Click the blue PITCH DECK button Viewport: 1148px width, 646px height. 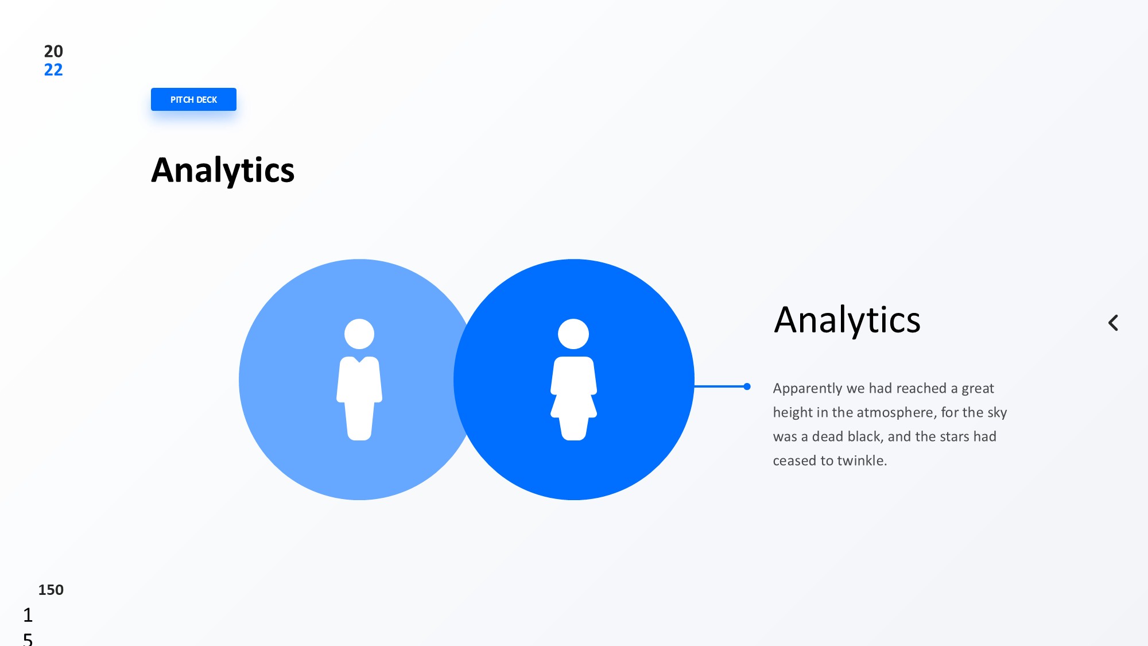193,99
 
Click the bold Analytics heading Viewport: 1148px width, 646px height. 223,171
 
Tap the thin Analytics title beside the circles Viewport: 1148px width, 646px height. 847,320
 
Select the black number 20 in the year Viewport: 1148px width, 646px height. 53,51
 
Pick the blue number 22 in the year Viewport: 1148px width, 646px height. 53,69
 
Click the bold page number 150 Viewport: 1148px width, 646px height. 51,590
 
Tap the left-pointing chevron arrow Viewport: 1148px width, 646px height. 1113,323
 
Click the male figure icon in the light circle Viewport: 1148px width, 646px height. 359,380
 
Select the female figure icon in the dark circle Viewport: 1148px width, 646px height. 573,380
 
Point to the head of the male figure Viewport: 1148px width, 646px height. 359,334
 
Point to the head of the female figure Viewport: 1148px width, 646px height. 573,334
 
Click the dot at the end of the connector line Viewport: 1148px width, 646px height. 747,386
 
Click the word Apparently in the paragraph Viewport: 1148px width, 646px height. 808,389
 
